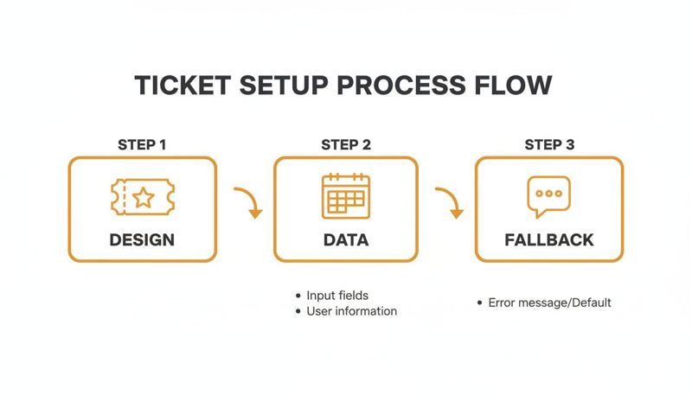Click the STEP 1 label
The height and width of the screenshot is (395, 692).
click(142, 144)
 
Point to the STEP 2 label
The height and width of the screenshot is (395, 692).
click(346, 144)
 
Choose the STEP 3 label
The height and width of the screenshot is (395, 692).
click(549, 144)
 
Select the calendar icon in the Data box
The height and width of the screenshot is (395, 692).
click(346, 196)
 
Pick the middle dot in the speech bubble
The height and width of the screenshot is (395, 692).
click(549, 193)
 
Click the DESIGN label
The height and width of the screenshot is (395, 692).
click(142, 239)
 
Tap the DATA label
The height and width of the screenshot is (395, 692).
click(346, 239)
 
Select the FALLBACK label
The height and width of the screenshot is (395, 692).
click(549, 239)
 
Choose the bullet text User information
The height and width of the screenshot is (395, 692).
click(351, 311)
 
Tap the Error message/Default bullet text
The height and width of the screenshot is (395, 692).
click(549, 303)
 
